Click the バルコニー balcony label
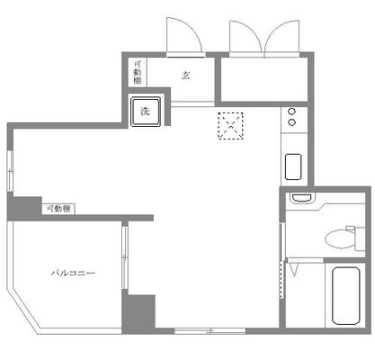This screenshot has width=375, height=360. click(73, 273)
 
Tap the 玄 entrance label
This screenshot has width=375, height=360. click(186, 75)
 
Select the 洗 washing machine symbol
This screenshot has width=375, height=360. click(146, 112)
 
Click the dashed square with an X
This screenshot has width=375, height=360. click(230, 126)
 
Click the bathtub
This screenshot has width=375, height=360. click(346, 296)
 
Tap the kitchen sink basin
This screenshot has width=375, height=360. click(293, 166)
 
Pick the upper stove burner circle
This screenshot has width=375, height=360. click(291, 112)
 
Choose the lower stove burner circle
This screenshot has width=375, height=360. click(291, 122)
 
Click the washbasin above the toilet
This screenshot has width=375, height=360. click(302, 198)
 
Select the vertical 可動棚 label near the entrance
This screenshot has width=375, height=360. click(138, 72)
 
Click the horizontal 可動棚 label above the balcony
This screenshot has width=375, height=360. click(58, 209)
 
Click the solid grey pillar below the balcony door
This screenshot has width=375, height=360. click(138, 313)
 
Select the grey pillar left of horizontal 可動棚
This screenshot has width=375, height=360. click(24, 208)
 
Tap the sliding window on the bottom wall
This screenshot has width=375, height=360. click(210, 331)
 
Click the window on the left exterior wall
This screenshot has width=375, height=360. click(10, 171)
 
